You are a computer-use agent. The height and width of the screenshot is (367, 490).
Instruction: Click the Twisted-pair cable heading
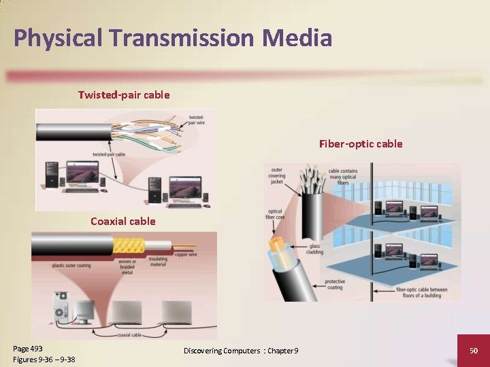[x=124, y=94]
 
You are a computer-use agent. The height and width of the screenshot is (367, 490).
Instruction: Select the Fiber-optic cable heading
[x=361, y=143]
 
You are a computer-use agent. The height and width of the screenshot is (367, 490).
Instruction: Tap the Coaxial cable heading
[x=123, y=221]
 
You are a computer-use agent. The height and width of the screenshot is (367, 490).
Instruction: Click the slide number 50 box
[x=474, y=349]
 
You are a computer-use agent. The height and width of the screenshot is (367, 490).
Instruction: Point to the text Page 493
[x=28, y=349]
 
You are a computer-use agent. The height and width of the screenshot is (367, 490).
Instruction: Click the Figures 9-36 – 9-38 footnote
[x=44, y=360]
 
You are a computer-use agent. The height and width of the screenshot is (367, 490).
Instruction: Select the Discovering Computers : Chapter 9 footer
[x=241, y=350]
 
